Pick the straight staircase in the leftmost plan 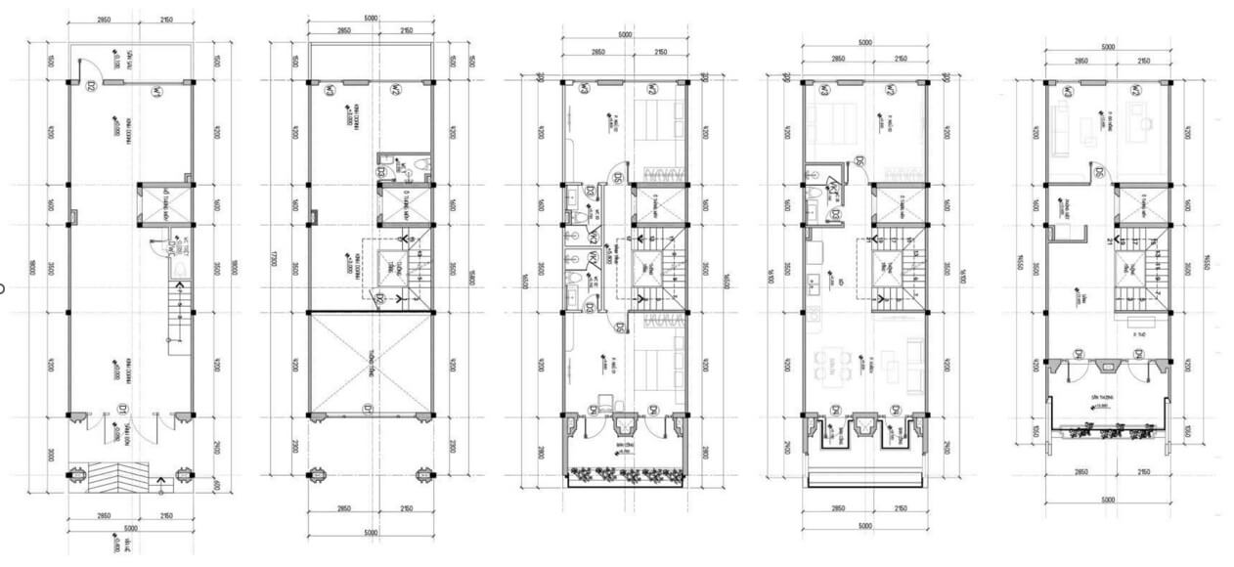tap(180, 318)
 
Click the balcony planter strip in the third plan tap(624, 475)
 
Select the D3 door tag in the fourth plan tap(837, 214)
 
